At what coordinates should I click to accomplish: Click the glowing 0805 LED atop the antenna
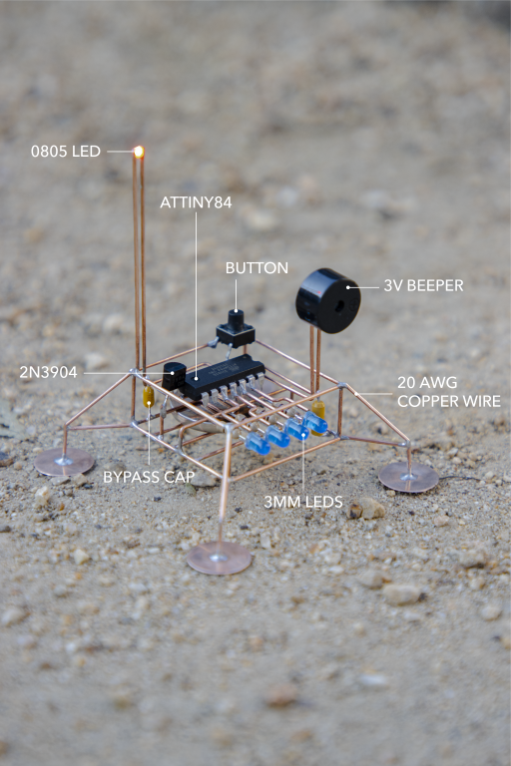click(x=139, y=152)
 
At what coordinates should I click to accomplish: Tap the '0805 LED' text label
click(x=66, y=152)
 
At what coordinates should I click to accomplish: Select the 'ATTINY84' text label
click(x=196, y=202)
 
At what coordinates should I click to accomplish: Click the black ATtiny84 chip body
click(x=224, y=377)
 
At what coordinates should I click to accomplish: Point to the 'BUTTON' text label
click(x=256, y=267)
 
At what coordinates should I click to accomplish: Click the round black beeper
click(x=327, y=300)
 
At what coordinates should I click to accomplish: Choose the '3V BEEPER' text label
click(x=423, y=286)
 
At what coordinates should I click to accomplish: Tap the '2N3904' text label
click(x=49, y=373)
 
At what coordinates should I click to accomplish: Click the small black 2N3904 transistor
click(x=174, y=376)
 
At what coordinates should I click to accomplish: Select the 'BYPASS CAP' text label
click(x=149, y=477)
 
